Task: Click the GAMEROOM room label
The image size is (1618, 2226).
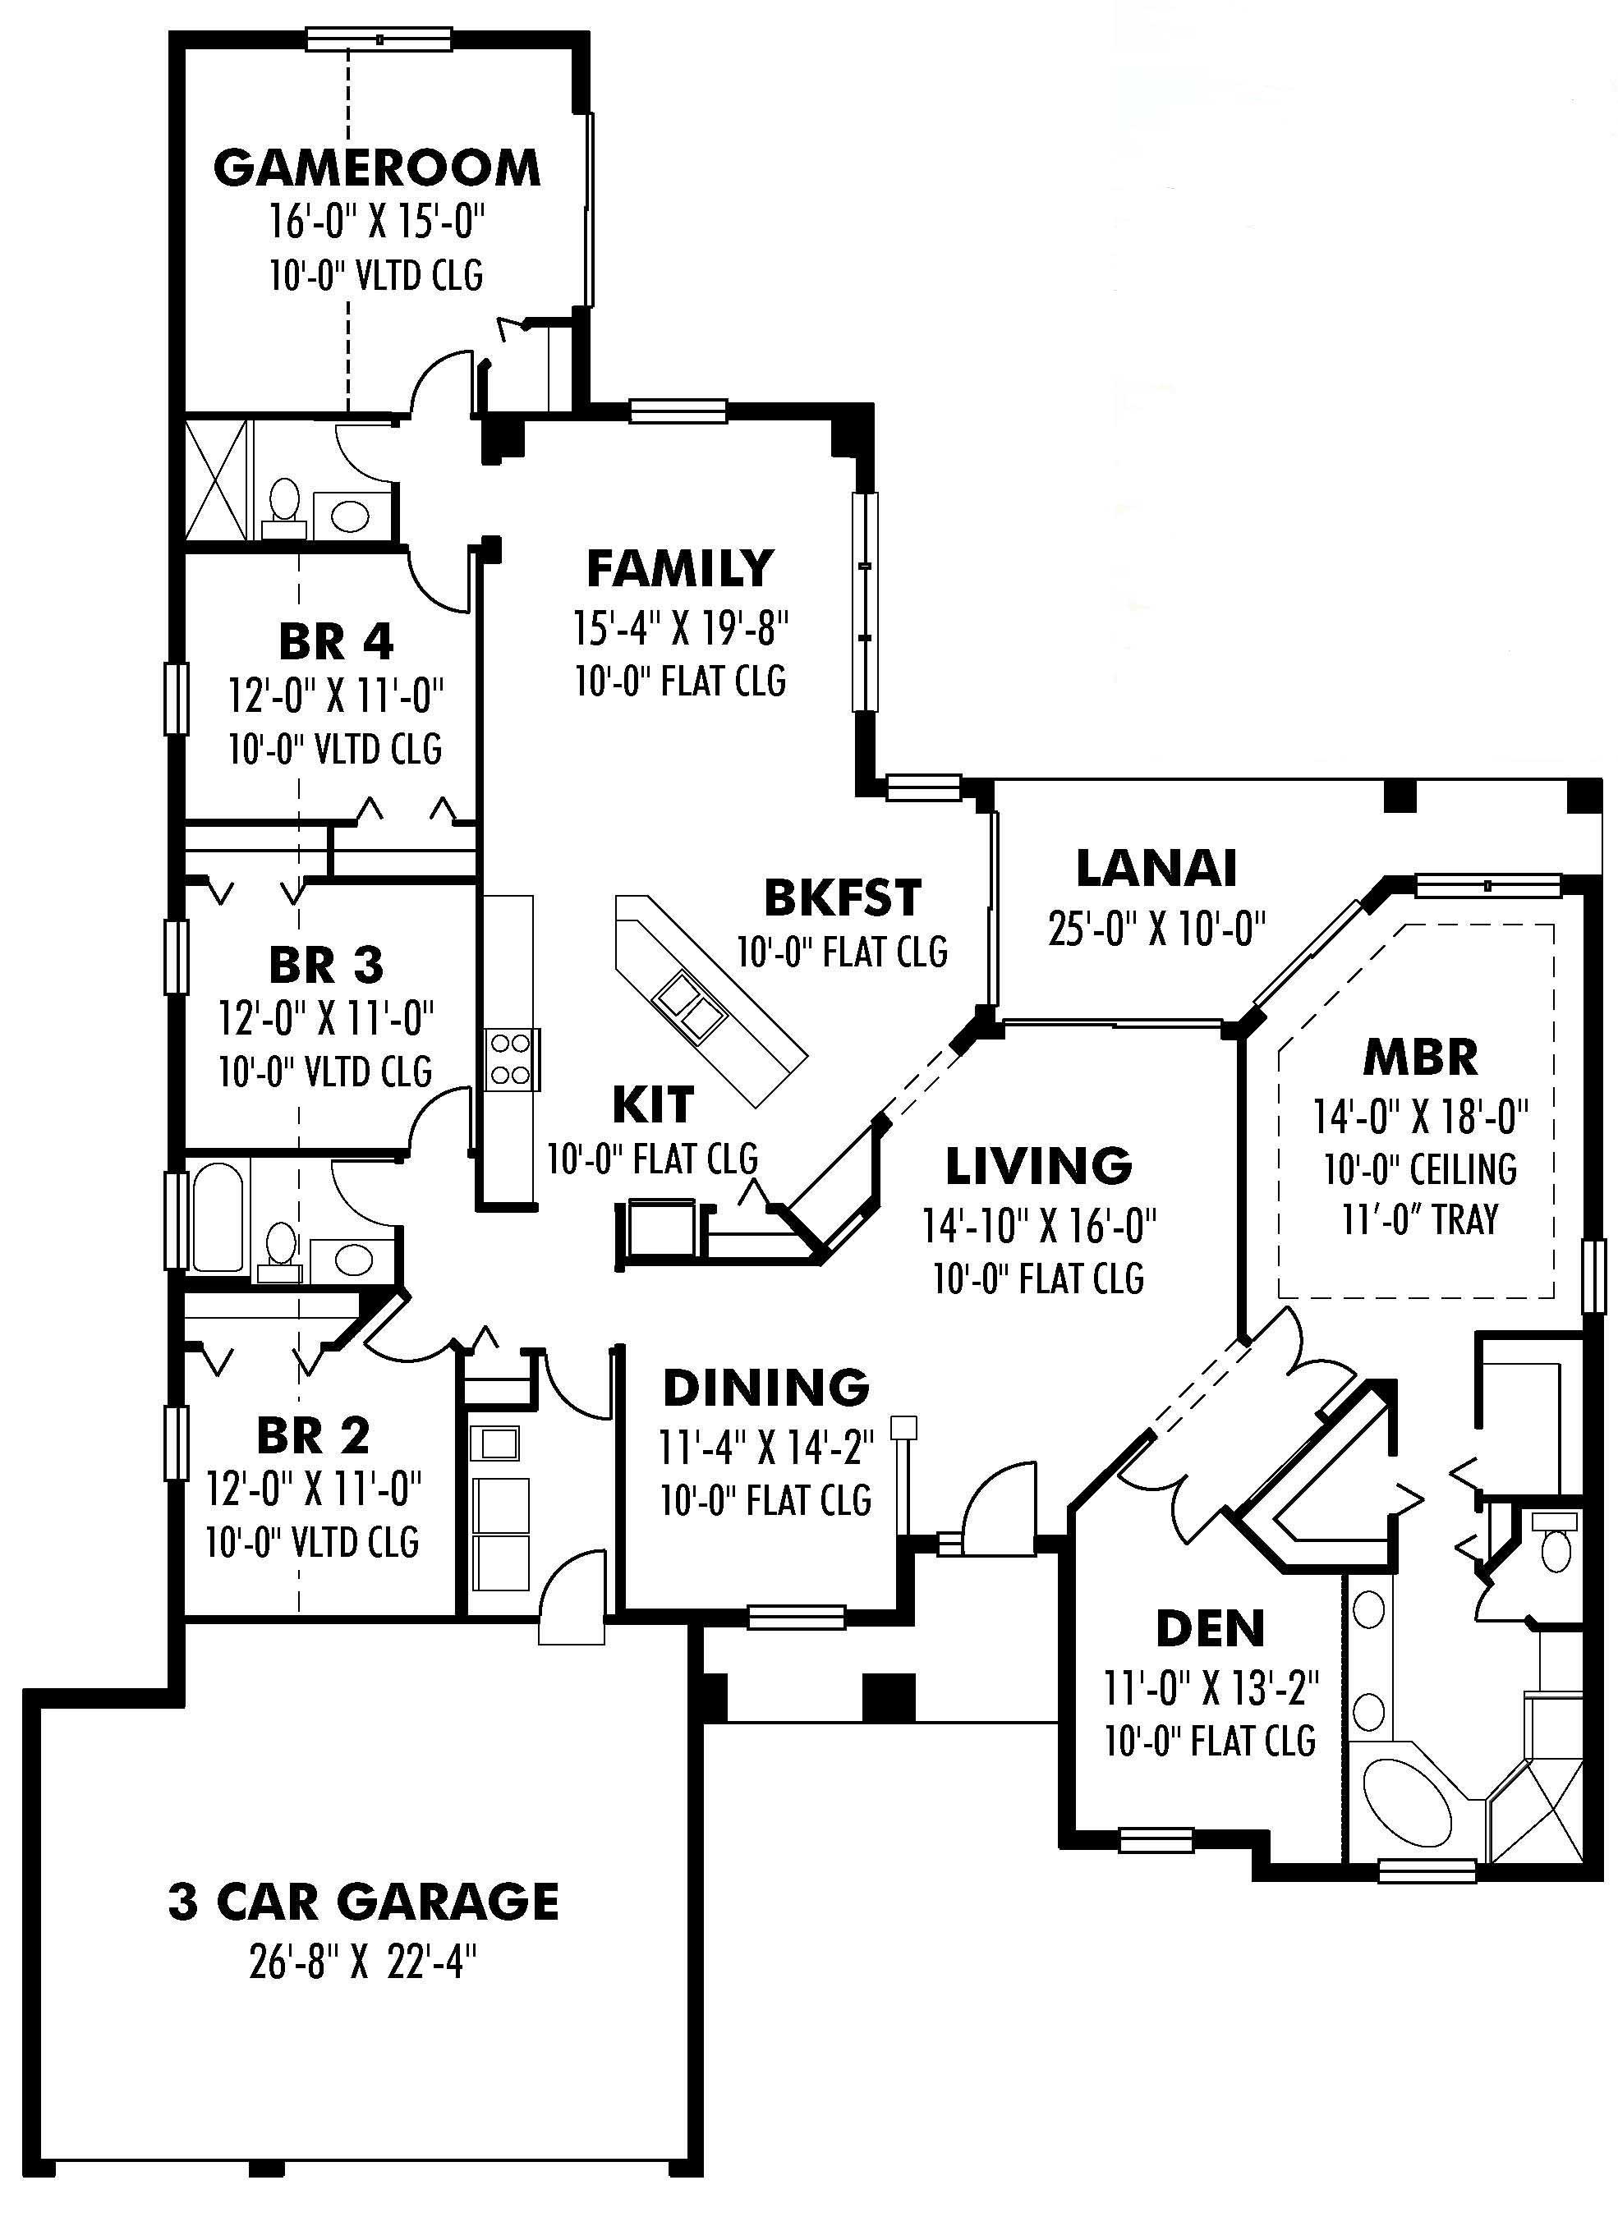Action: tap(376, 168)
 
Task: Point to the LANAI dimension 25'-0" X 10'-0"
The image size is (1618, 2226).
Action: tap(1156, 928)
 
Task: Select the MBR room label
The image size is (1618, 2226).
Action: tap(1420, 1057)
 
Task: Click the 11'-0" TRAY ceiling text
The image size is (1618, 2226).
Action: tap(1420, 1220)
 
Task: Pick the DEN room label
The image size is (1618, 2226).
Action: tap(1210, 1629)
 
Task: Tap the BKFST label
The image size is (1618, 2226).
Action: tap(843, 897)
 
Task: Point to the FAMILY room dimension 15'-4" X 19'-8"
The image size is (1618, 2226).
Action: tap(682, 628)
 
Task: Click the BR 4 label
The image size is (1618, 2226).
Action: tap(336, 643)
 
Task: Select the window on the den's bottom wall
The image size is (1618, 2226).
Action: tap(1156, 1839)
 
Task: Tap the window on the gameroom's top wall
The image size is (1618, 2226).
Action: tap(379, 39)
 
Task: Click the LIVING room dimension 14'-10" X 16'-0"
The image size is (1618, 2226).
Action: tap(1039, 1225)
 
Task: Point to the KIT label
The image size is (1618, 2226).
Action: tap(652, 1105)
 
